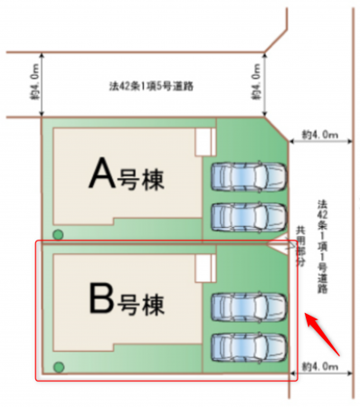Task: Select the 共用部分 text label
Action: (x=301, y=243)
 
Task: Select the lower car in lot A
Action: (x=246, y=215)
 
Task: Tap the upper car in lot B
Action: (x=246, y=307)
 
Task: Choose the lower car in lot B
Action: (x=246, y=346)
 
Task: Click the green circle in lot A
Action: (x=59, y=235)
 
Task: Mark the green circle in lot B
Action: (x=59, y=366)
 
